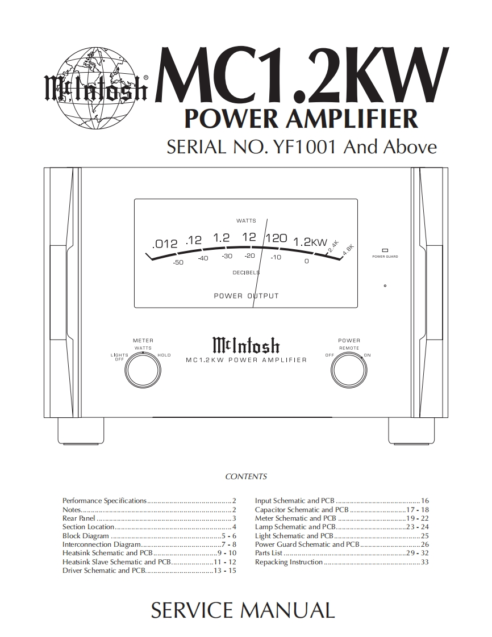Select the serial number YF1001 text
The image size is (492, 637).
(x=306, y=146)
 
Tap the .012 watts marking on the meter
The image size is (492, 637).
(x=165, y=244)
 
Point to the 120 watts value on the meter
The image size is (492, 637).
(x=276, y=238)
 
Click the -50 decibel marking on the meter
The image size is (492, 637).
(x=178, y=263)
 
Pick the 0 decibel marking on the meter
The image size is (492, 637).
(x=306, y=261)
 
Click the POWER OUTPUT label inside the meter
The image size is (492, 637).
(x=246, y=296)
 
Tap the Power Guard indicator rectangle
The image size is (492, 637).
(x=385, y=250)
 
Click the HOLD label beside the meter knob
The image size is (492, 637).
(x=164, y=355)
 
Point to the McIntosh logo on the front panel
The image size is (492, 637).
(x=246, y=345)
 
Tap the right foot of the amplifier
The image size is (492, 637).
(x=411, y=431)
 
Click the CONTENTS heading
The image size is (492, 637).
(x=246, y=477)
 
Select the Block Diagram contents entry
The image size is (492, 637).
(x=86, y=536)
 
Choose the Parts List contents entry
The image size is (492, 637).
(x=269, y=553)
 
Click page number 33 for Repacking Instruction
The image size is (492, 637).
(x=424, y=562)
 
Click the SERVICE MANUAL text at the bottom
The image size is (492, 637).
(x=243, y=610)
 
